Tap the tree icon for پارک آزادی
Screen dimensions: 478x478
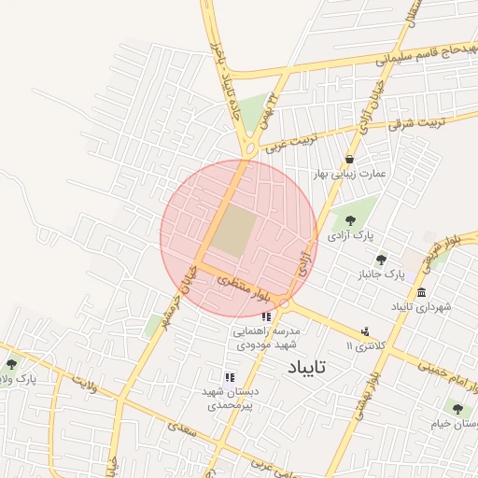[350, 220]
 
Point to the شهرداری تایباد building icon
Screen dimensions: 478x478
[422, 290]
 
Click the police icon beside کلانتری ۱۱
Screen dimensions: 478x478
[365, 331]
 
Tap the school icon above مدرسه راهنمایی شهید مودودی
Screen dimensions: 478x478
[266, 317]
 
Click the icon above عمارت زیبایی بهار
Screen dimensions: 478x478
[349, 159]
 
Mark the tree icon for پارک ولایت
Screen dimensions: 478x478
[11, 364]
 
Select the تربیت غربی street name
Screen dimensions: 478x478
[287, 141]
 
